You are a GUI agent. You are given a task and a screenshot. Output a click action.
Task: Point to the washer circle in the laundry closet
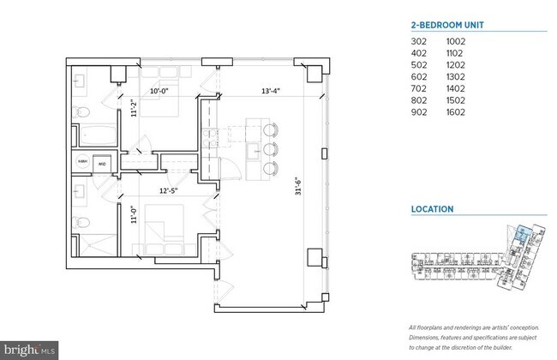coord(83,163)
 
